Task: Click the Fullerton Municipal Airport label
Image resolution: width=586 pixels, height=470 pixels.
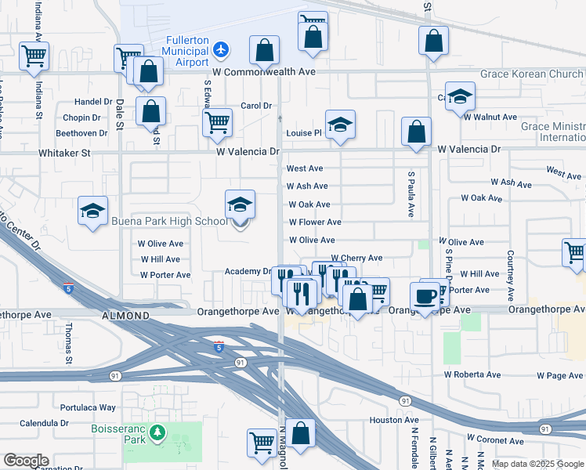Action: coord(186,52)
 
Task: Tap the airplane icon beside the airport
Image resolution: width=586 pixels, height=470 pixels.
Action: coord(221,49)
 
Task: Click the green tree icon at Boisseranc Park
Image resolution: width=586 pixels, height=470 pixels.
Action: coord(157,432)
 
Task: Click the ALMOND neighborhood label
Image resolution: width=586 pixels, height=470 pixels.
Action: coord(125,316)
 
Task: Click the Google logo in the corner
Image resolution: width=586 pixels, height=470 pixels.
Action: coord(26,461)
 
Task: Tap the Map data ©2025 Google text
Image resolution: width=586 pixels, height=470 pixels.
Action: coord(537,464)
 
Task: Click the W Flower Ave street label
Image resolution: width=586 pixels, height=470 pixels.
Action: coord(315,222)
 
